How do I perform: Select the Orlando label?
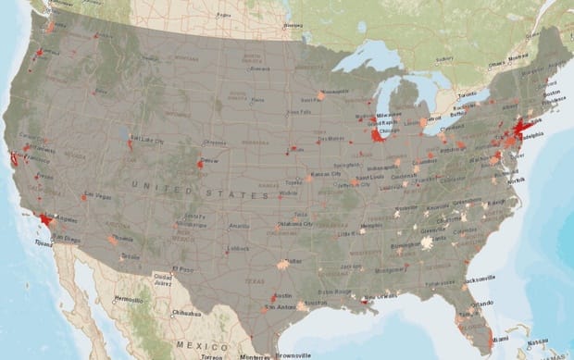pos(480,304)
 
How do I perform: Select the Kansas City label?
pos(325,174)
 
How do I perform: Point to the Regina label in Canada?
pos(222,16)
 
